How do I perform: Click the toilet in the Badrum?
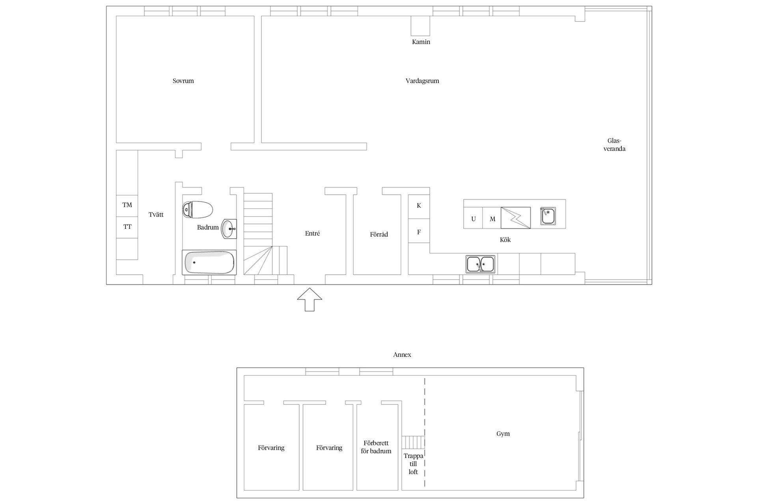point(198,209)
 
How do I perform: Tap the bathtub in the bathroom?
point(209,262)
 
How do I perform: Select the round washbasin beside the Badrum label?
point(229,229)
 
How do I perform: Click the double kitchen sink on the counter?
point(481,264)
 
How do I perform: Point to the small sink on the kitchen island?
point(548,216)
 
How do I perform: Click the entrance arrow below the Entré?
point(310,300)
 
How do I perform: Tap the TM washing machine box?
point(127,206)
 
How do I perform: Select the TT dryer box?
point(127,227)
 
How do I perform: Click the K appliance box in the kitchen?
point(419,206)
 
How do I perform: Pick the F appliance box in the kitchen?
point(419,231)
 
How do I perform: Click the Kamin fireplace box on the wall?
point(420,26)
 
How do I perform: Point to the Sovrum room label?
point(183,81)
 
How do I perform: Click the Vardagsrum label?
point(422,81)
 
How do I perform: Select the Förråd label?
point(379,234)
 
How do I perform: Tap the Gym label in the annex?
point(503,434)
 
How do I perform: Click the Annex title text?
point(402,354)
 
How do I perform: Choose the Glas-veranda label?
point(614,145)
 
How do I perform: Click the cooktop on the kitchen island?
point(516,218)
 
